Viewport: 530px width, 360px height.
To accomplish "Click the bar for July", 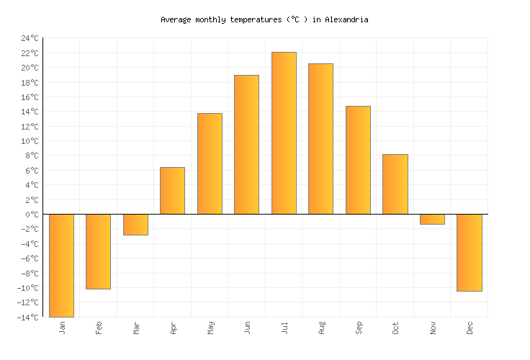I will tap(284, 133).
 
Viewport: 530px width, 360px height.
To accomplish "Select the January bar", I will tap(62, 265).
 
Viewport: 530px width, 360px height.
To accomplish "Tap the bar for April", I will tap(172, 191).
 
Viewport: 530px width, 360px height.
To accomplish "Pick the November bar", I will tap(432, 219).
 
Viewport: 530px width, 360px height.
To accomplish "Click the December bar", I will tap(470, 252).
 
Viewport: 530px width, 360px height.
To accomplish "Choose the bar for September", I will tap(358, 160).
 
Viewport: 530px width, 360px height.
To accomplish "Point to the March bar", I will tap(135, 225).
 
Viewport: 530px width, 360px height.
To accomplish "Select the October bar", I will tap(395, 184).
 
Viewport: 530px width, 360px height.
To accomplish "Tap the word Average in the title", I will tap(177, 19).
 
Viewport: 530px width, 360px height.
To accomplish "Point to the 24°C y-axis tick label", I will tap(30, 38).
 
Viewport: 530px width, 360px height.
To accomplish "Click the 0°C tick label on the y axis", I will tap(32, 215).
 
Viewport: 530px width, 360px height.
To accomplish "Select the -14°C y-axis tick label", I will tap(27, 318).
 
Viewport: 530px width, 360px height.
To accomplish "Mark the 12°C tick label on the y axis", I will tap(30, 127).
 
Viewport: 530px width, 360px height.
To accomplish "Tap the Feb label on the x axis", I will tap(99, 328).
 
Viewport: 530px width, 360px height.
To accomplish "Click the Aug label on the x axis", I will tap(321, 328).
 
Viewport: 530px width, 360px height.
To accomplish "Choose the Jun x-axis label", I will tap(247, 328).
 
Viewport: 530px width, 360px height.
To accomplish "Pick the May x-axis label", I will tap(210, 328).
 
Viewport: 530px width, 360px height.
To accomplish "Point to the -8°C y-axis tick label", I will tap(30, 274).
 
